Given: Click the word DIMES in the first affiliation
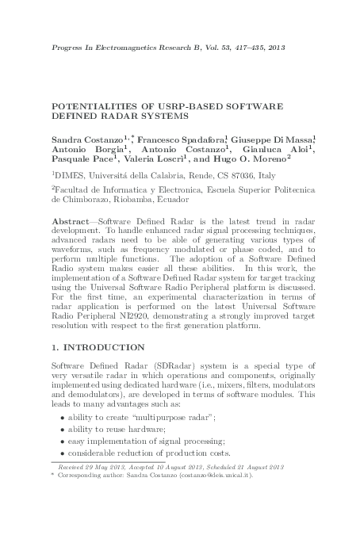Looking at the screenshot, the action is pos(67,180).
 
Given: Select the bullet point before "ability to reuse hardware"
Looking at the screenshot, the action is pos(63,429).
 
